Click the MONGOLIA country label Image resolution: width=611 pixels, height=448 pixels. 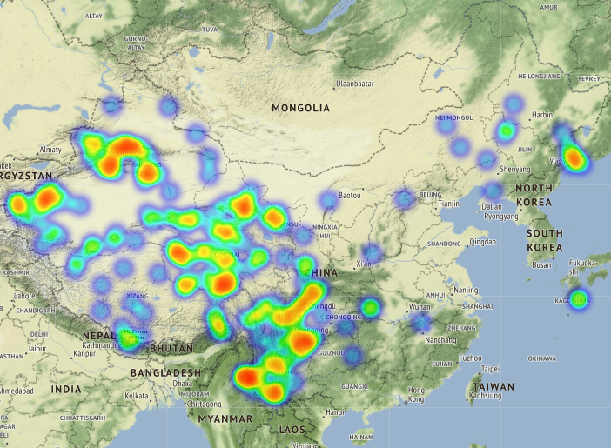[300, 108]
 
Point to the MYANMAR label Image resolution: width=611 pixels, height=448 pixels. [223, 418]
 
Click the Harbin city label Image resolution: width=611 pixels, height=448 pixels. [542, 115]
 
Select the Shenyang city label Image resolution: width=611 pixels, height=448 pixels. [515, 169]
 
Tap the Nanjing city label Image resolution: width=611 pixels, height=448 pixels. [466, 290]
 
